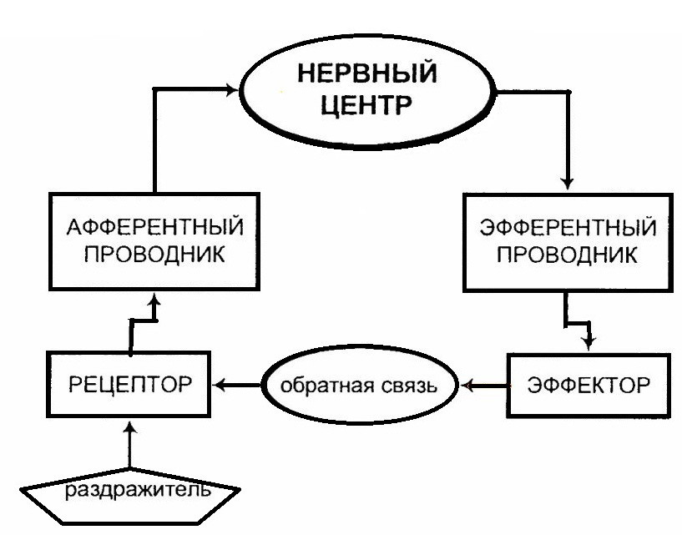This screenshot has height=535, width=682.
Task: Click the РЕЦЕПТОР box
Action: click(127, 386)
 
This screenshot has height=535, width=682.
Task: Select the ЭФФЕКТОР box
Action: click(589, 386)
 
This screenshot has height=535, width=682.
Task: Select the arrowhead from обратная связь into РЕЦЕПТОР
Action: click(218, 386)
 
